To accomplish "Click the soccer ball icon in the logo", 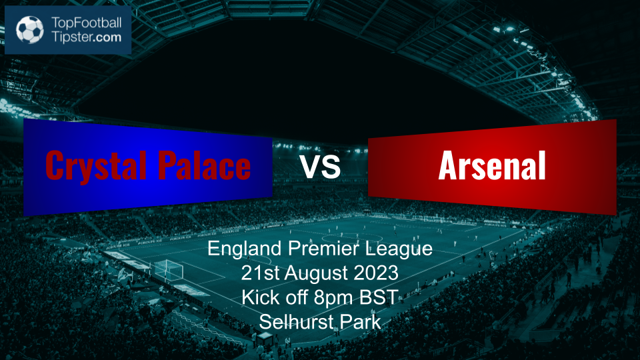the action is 30,29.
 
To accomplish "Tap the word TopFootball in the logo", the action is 86,23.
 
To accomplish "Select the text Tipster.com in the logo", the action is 86,37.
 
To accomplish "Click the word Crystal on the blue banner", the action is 96,165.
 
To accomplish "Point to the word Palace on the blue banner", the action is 204,165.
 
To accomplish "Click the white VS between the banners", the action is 321,166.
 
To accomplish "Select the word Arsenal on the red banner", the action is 492,165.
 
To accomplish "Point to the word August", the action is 316,273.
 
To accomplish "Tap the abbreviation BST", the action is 379,297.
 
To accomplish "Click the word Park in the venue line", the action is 361,321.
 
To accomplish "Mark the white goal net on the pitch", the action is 168,270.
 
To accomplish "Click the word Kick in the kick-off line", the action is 257,297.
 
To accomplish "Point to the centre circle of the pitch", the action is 352,237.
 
